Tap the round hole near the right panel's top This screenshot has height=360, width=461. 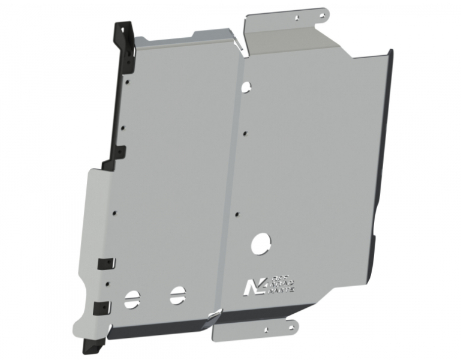click(245, 88)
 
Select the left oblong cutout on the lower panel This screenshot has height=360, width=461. click(132, 298)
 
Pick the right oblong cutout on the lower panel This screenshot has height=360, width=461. click(176, 294)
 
